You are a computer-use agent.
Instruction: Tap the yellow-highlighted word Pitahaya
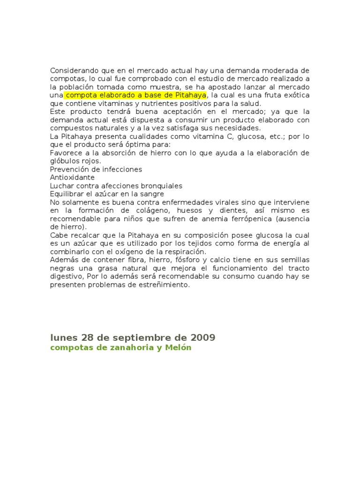coord(191,95)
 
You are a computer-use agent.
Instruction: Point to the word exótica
coord(295,95)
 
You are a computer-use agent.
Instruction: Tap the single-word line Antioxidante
coord(72,177)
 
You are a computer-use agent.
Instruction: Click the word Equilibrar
coord(68,194)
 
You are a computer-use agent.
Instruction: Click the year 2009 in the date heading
coord(202,337)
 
